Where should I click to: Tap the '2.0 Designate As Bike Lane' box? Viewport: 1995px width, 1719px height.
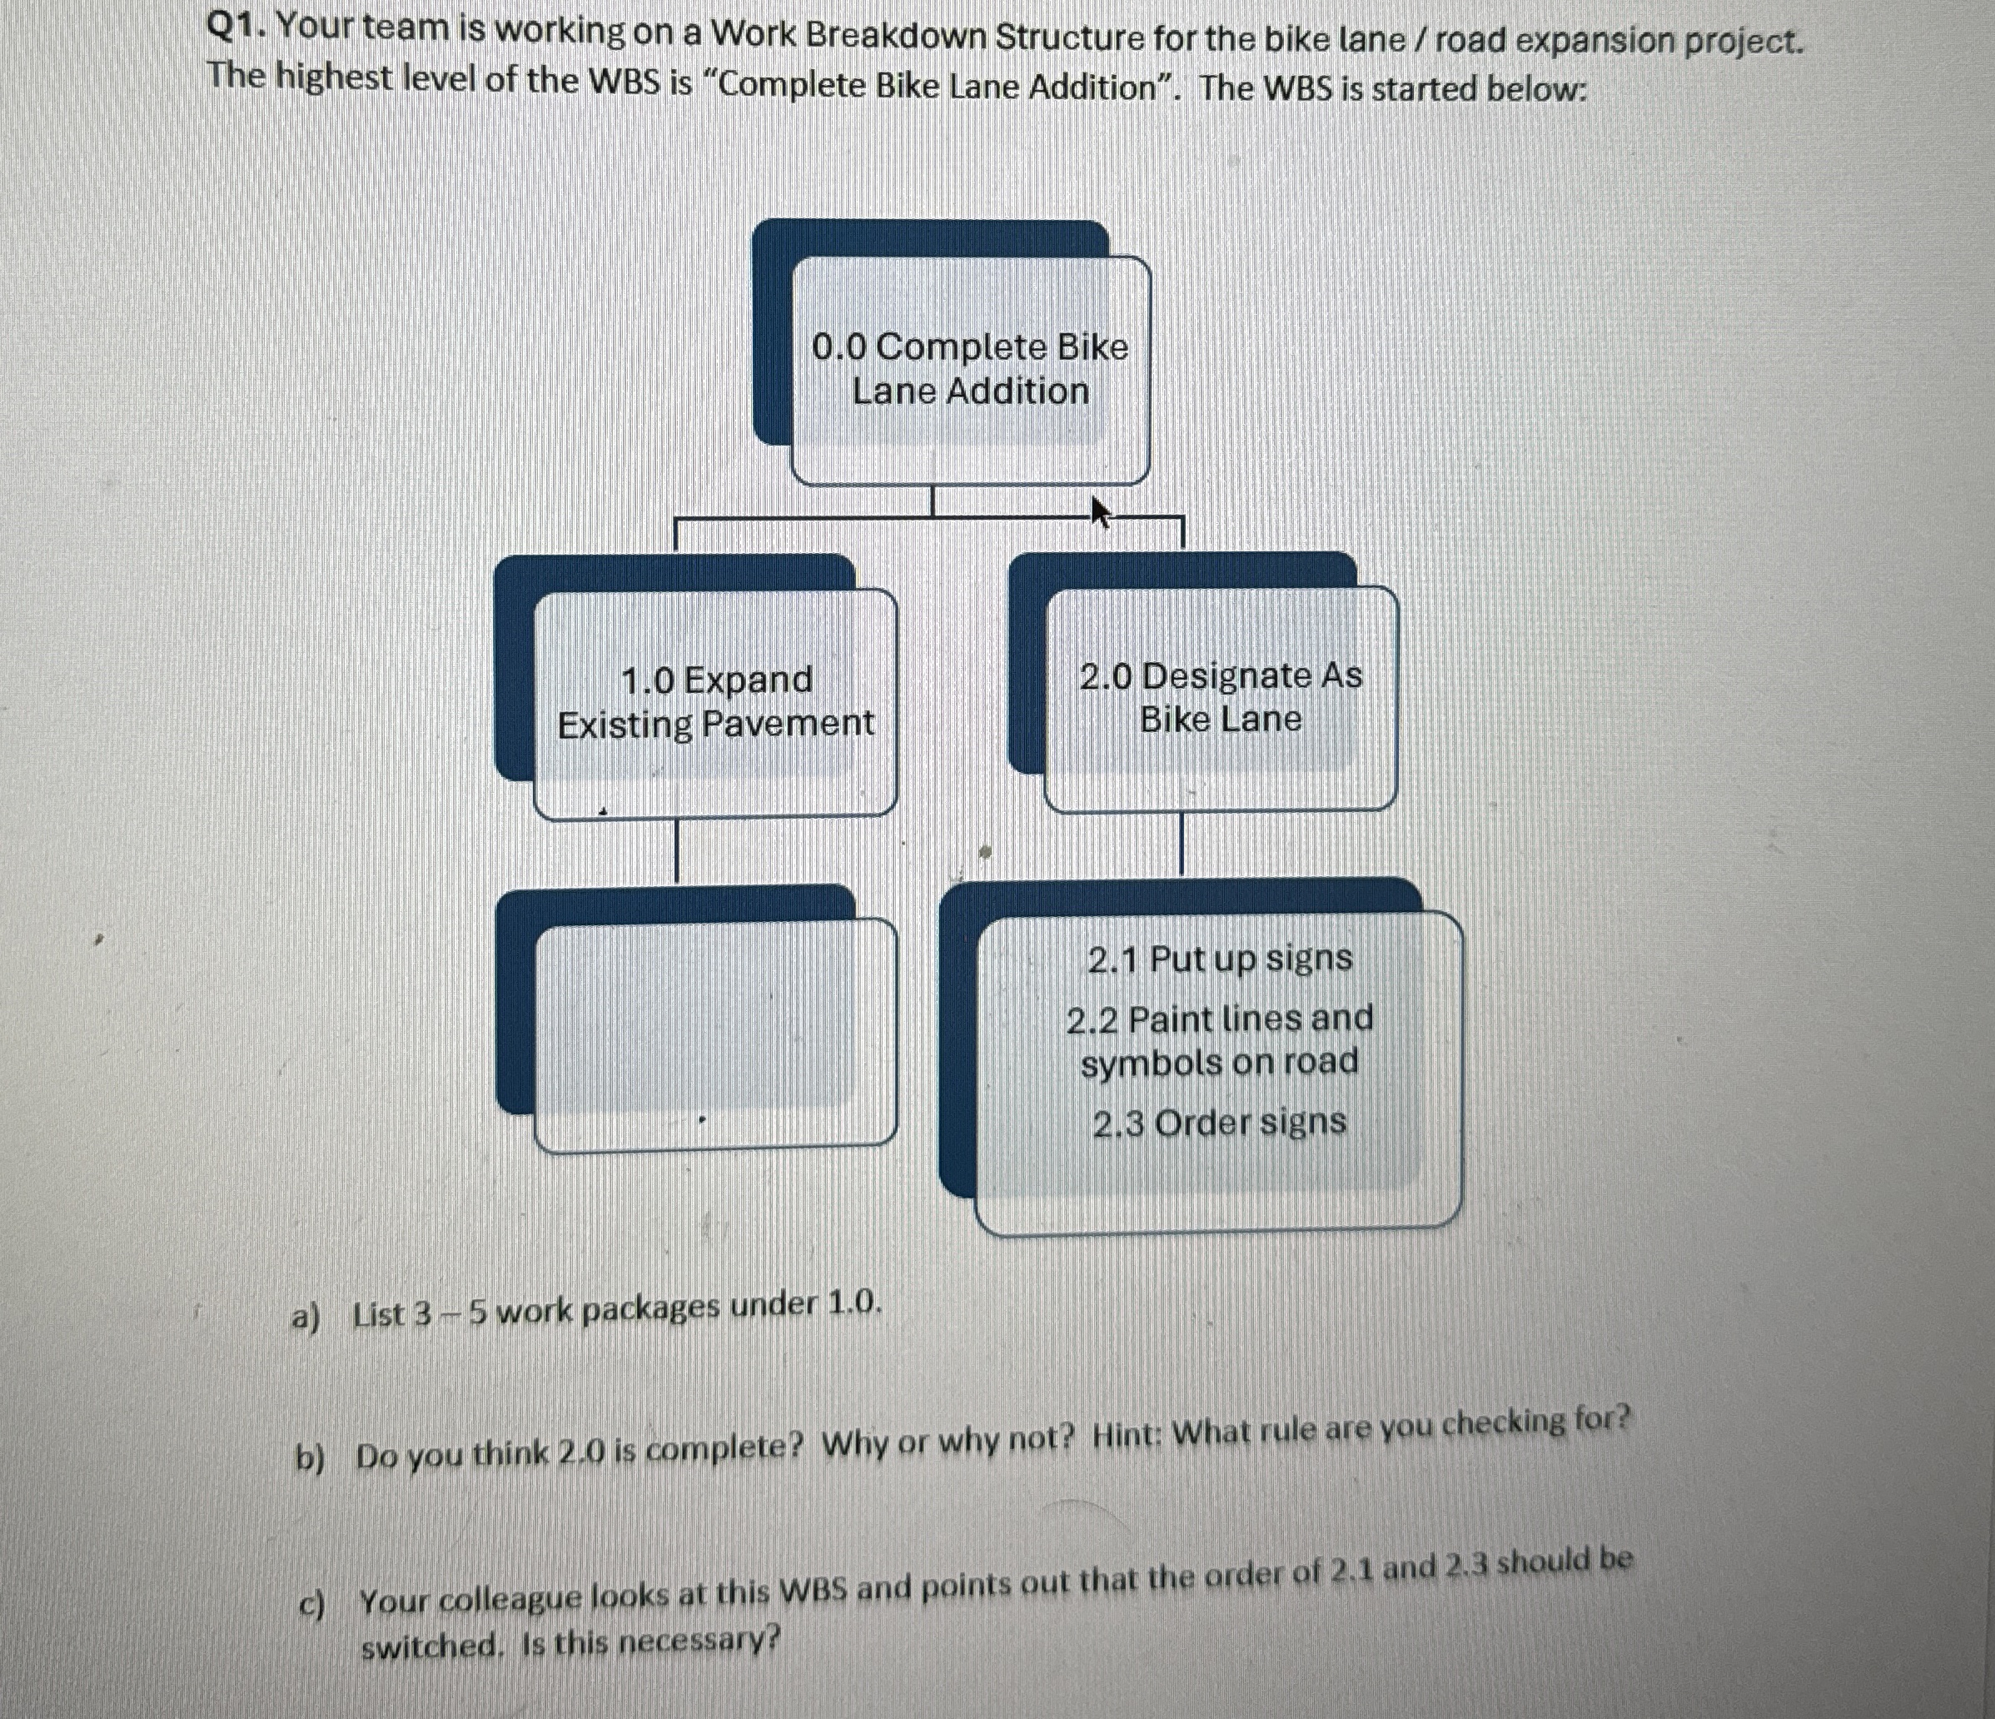tap(1220, 697)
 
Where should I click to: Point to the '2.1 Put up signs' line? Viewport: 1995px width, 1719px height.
tap(1220, 959)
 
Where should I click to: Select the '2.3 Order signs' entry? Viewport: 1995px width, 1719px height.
tap(1219, 1122)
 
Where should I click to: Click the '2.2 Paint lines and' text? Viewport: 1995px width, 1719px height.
tap(1220, 1019)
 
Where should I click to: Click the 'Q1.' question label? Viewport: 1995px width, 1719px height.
tap(236, 28)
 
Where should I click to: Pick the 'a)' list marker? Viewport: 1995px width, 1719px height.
tap(306, 1316)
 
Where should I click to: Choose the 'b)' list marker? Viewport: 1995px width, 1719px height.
tap(310, 1459)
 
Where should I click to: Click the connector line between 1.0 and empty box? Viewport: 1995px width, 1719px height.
tap(675, 850)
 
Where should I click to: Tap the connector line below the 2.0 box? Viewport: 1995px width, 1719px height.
tap(1182, 844)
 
